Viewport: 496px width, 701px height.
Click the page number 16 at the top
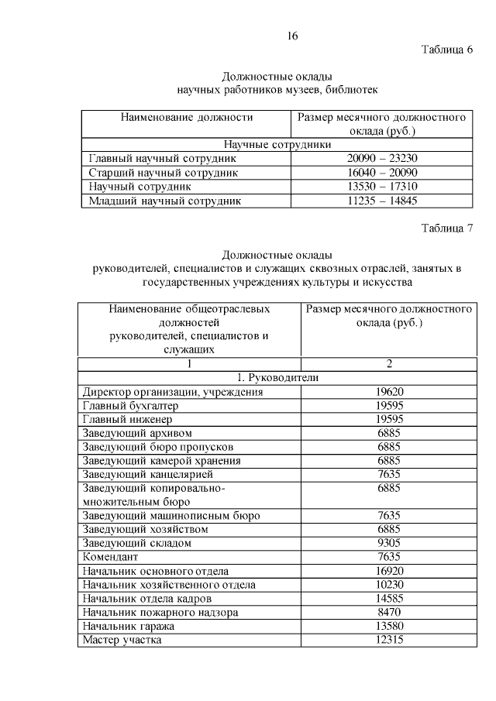[x=292, y=36]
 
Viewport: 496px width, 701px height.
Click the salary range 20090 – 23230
[x=382, y=158]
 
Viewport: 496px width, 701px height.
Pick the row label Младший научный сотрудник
[x=164, y=201]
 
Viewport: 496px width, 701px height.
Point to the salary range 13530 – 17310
[x=382, y=187]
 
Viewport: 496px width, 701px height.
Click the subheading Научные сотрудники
[x=277, y=144]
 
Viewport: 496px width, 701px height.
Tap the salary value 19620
[x=389, y=392]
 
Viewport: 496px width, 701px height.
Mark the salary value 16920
[x=389, y=571]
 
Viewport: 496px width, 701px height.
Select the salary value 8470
[x=389, y=612]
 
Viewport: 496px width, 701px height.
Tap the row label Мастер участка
[x=122, y=640]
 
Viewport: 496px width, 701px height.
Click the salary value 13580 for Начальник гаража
[x=389, y=626]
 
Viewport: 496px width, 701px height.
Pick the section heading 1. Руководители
[x=277, y=378]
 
